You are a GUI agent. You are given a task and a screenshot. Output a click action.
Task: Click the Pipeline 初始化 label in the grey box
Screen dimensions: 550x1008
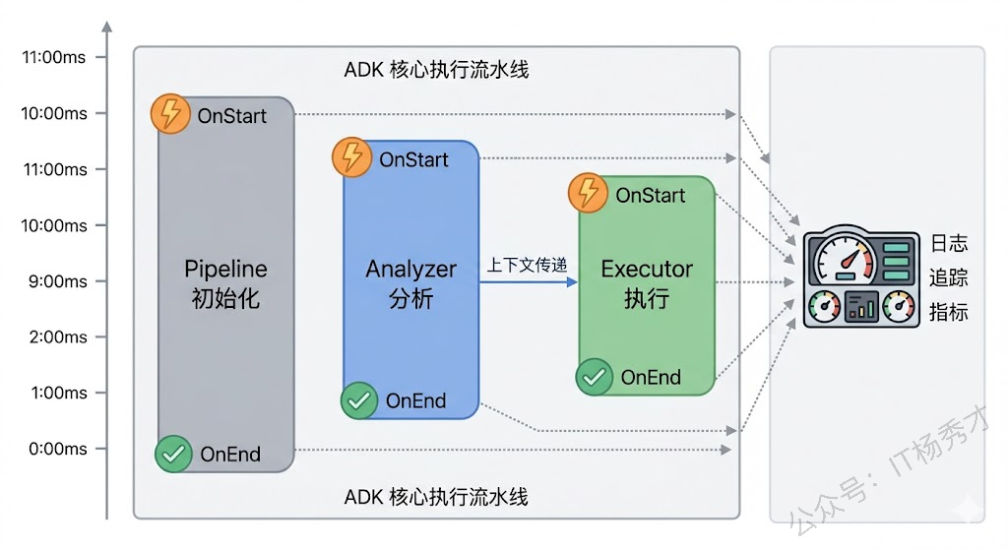coord(225,283)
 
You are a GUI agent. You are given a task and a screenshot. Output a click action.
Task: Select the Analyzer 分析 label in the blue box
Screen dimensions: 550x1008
coord(410,283)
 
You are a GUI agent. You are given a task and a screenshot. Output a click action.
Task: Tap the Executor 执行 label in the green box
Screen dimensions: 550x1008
coord(647,283)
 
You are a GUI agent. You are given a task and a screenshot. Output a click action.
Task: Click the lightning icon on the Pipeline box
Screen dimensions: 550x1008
coord(171,114)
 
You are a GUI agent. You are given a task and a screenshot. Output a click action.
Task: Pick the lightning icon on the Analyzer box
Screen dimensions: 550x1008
coord(352,157)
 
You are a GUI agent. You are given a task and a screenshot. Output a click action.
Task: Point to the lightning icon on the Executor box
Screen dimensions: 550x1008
coord(589,193)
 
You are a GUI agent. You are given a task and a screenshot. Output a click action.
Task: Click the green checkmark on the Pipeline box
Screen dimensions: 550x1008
coord(174,454)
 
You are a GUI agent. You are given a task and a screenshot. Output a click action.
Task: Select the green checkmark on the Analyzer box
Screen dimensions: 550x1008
coord(359,400)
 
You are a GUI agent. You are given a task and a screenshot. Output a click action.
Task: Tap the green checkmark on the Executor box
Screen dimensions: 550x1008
coord(594,376)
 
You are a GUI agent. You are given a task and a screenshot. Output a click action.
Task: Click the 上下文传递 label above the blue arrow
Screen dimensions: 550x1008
coord(528,265)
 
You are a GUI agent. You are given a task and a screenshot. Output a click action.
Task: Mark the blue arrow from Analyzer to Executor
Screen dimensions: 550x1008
coord(529,282)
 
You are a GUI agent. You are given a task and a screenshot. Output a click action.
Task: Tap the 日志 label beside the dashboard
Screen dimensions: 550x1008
coord(949,244)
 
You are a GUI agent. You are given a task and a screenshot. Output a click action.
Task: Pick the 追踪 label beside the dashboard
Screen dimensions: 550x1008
coord(949,278)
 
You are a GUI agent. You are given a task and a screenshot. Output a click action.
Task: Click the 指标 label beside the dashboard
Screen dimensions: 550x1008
coord(949,313)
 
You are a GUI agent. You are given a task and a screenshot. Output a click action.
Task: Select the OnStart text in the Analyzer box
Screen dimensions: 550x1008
coord(413,159)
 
